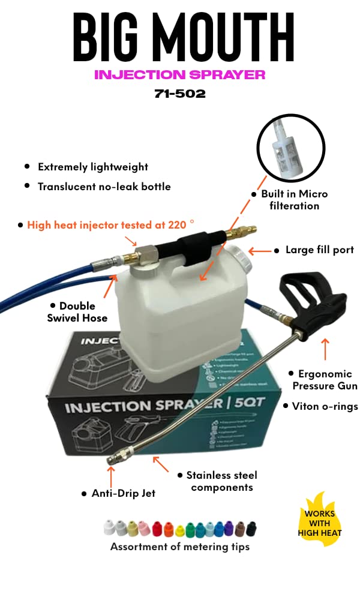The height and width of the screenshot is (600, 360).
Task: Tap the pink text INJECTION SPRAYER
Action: click(179, 75)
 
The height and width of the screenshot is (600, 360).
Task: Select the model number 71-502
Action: click(179, 94)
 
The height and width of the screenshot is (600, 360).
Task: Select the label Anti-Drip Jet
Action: click(123, 493)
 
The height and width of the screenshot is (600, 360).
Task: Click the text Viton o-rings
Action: click(324, 406)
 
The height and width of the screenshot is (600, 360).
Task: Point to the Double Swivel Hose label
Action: click(77, 311)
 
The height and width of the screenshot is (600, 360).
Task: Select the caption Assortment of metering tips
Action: click(179, 547)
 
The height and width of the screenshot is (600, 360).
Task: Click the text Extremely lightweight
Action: click(92, 167)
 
